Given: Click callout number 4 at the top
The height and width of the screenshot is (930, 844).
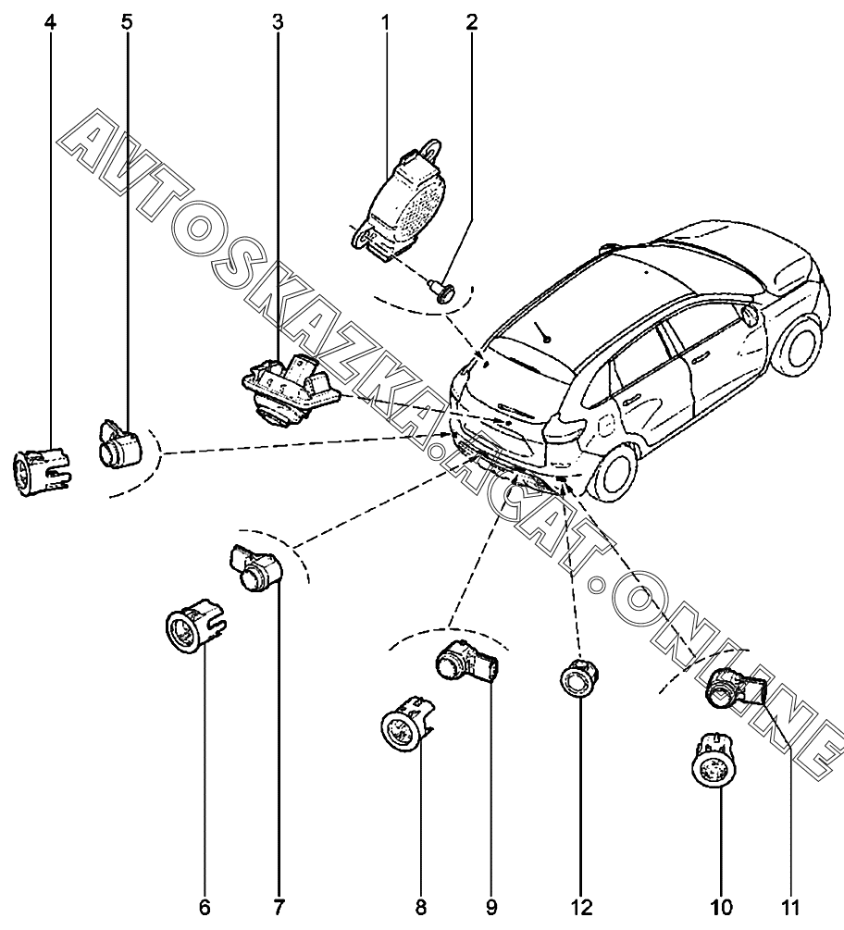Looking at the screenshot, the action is tap(50, 23).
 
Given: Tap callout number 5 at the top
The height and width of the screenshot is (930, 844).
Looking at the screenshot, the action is tap(127, 23).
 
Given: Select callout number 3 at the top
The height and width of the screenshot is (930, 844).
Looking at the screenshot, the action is tap(278, 23).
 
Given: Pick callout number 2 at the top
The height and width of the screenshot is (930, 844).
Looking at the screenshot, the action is tap(472, 23).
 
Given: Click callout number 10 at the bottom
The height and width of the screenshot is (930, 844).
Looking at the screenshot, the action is tap(721, 907).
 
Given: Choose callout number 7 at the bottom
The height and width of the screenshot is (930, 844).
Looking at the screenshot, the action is tap(279, 907).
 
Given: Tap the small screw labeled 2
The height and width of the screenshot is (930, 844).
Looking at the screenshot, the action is tap(443, 291).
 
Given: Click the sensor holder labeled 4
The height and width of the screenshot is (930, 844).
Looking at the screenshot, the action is tap(43, 471).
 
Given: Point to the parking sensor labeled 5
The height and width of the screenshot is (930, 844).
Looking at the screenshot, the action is tap(119, 444).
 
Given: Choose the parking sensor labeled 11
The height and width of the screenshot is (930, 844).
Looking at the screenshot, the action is tap(736, 688).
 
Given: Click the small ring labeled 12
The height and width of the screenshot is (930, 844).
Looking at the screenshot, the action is tap(578, 677).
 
